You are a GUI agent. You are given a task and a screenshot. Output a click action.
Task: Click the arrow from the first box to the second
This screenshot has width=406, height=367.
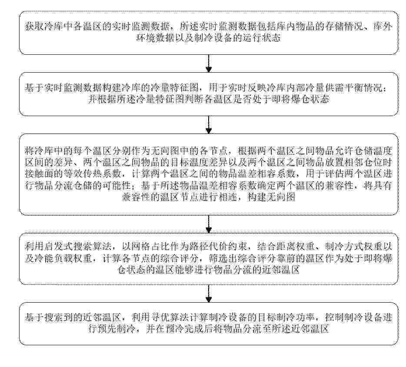coord(209,63)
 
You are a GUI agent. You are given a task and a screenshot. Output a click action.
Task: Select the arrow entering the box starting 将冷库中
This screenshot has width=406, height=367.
coord(209,124)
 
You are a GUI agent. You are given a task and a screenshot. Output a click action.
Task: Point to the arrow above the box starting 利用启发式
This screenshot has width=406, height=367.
coord(209,224)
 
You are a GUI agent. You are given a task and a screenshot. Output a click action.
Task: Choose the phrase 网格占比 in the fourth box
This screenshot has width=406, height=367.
coord(151,247)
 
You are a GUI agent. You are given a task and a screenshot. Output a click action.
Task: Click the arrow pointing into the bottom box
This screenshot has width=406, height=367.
coord(209,294)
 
